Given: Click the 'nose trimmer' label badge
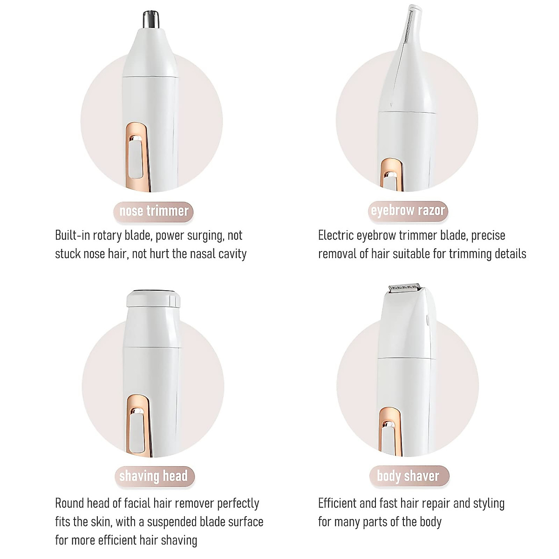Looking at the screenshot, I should click(x=154, y=211).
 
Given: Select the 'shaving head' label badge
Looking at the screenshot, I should click(x=153, y=476).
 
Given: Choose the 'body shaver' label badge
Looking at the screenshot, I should click(x=408, y=476).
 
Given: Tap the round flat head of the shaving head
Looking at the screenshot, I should click(x=154, y=298).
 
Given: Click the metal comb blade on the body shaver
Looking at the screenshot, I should click(x=404, y=289).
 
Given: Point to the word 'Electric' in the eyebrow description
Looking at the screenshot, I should click(x=336, y=235).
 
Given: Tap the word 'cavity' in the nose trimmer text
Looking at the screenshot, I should click(x=232, y=254).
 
